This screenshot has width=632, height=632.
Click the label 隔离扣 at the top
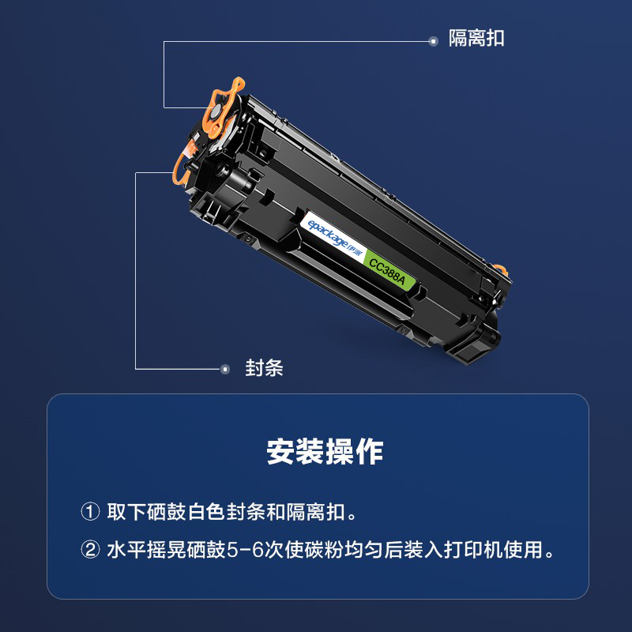point(476,39)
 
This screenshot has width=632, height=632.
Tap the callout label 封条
point(264,368)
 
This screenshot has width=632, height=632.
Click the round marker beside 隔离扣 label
point(433,41)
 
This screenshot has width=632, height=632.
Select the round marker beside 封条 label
point(225,369)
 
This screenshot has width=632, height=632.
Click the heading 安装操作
point(325,451)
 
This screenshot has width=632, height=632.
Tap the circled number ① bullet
point(90,512)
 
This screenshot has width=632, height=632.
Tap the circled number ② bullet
point(90,549)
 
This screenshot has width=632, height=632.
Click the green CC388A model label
point(387,272)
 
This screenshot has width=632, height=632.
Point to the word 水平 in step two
point(126,550)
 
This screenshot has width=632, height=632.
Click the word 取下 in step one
point(126,512)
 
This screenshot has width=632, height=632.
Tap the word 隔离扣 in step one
point(314,512)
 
